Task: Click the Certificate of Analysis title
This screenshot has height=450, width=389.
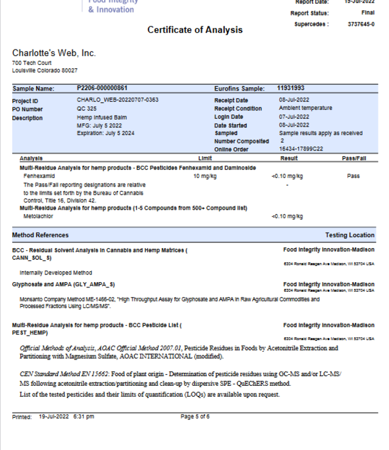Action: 195,30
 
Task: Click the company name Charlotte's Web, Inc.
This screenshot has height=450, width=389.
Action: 54,53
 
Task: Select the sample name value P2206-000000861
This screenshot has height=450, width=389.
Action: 102,88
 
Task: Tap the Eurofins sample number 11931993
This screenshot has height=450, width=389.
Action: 291,88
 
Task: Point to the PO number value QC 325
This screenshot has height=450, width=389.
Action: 87,109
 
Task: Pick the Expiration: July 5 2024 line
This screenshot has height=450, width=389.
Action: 104,133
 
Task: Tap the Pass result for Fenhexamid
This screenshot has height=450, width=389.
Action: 353,175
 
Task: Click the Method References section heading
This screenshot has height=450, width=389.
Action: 40,235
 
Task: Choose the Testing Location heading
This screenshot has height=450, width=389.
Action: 350,235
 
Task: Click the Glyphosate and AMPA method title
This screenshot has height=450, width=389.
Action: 64,283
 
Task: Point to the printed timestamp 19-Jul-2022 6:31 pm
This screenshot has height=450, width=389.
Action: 66,417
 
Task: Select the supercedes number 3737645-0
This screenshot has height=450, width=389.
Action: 361,24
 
